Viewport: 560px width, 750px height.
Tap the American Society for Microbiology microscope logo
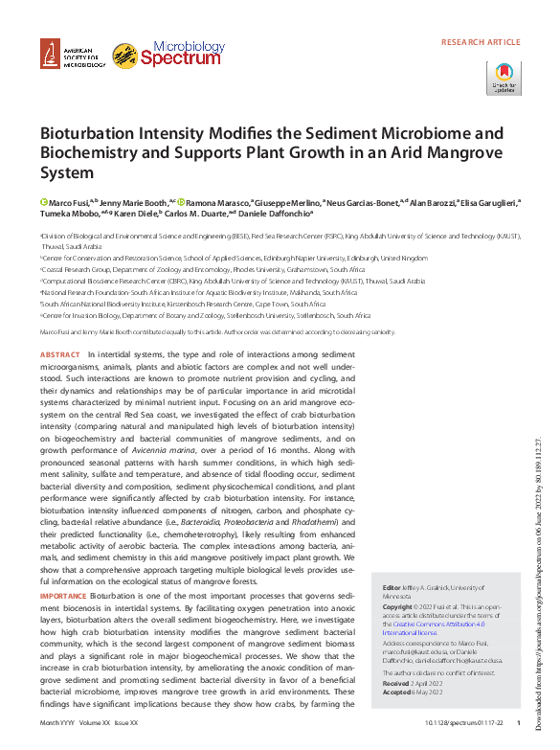coord(49,57)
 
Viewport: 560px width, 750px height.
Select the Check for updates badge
coord(504,79)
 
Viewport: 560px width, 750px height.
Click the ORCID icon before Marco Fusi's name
coord(43,202)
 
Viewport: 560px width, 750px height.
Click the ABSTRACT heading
coord(59,354)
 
